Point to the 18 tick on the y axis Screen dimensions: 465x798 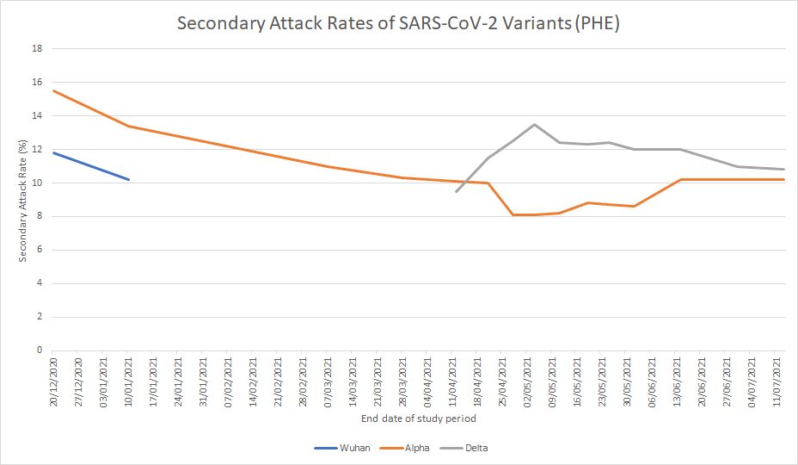37,49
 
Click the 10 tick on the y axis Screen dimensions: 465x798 37,183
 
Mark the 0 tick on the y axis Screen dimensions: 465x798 40,350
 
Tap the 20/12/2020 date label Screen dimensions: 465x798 53,380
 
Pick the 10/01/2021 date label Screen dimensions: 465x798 128,380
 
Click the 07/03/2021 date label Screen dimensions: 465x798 328,380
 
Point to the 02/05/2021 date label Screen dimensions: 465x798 526,380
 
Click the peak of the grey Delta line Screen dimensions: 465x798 534,124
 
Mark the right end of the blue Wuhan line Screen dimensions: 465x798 128,179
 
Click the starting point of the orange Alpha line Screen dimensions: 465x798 53,90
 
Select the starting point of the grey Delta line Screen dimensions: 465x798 456,191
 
